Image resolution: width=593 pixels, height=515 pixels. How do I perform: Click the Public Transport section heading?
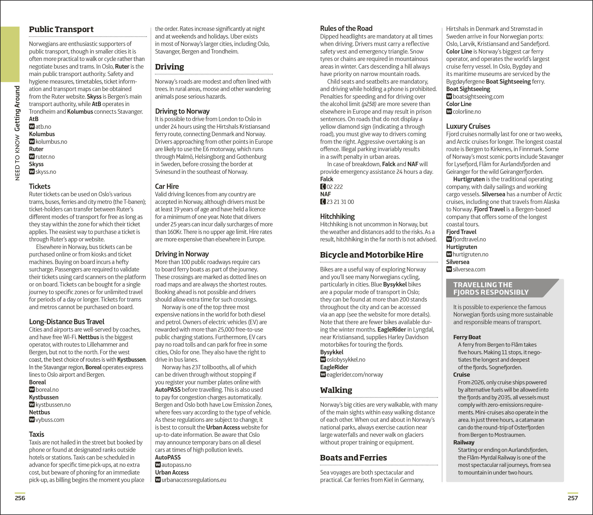click(x=61, y=29)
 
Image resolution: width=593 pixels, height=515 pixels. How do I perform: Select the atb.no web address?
click(x=43, y=126)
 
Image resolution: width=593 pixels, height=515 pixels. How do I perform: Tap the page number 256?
click(x=20, y=498)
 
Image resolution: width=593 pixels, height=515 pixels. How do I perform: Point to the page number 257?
click(x=573, y=498)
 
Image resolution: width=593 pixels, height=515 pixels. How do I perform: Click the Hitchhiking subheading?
click(x=337, y=216)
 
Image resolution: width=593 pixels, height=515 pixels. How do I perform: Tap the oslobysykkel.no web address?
click(x=346, y=359)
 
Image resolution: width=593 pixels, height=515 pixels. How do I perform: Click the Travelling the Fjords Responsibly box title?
click(x=491, y=288)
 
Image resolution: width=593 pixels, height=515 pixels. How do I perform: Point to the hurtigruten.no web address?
click(x=470, y=254)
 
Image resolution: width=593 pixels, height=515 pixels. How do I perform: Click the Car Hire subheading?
click(x=167, y=186)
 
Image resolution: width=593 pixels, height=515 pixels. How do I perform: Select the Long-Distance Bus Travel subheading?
click(x=67, y=322)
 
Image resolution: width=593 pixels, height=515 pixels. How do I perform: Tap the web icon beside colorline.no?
click(x=449, y=111)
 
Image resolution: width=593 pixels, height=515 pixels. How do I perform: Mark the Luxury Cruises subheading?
click(x=468, y=126)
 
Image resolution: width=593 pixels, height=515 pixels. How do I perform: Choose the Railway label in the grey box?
click(x=464, y=442)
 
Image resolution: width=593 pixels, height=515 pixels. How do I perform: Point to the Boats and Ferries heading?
click(x=353, y=457)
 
